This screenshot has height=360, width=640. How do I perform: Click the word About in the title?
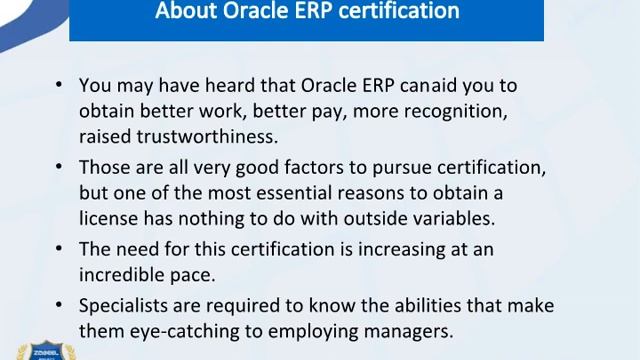pyautogui.click(x=187, y=12)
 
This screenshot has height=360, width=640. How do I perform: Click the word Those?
pyautogui.click(x=100, y=167)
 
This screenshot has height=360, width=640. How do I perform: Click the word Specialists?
pyautogui.click(x=121, y=305)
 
